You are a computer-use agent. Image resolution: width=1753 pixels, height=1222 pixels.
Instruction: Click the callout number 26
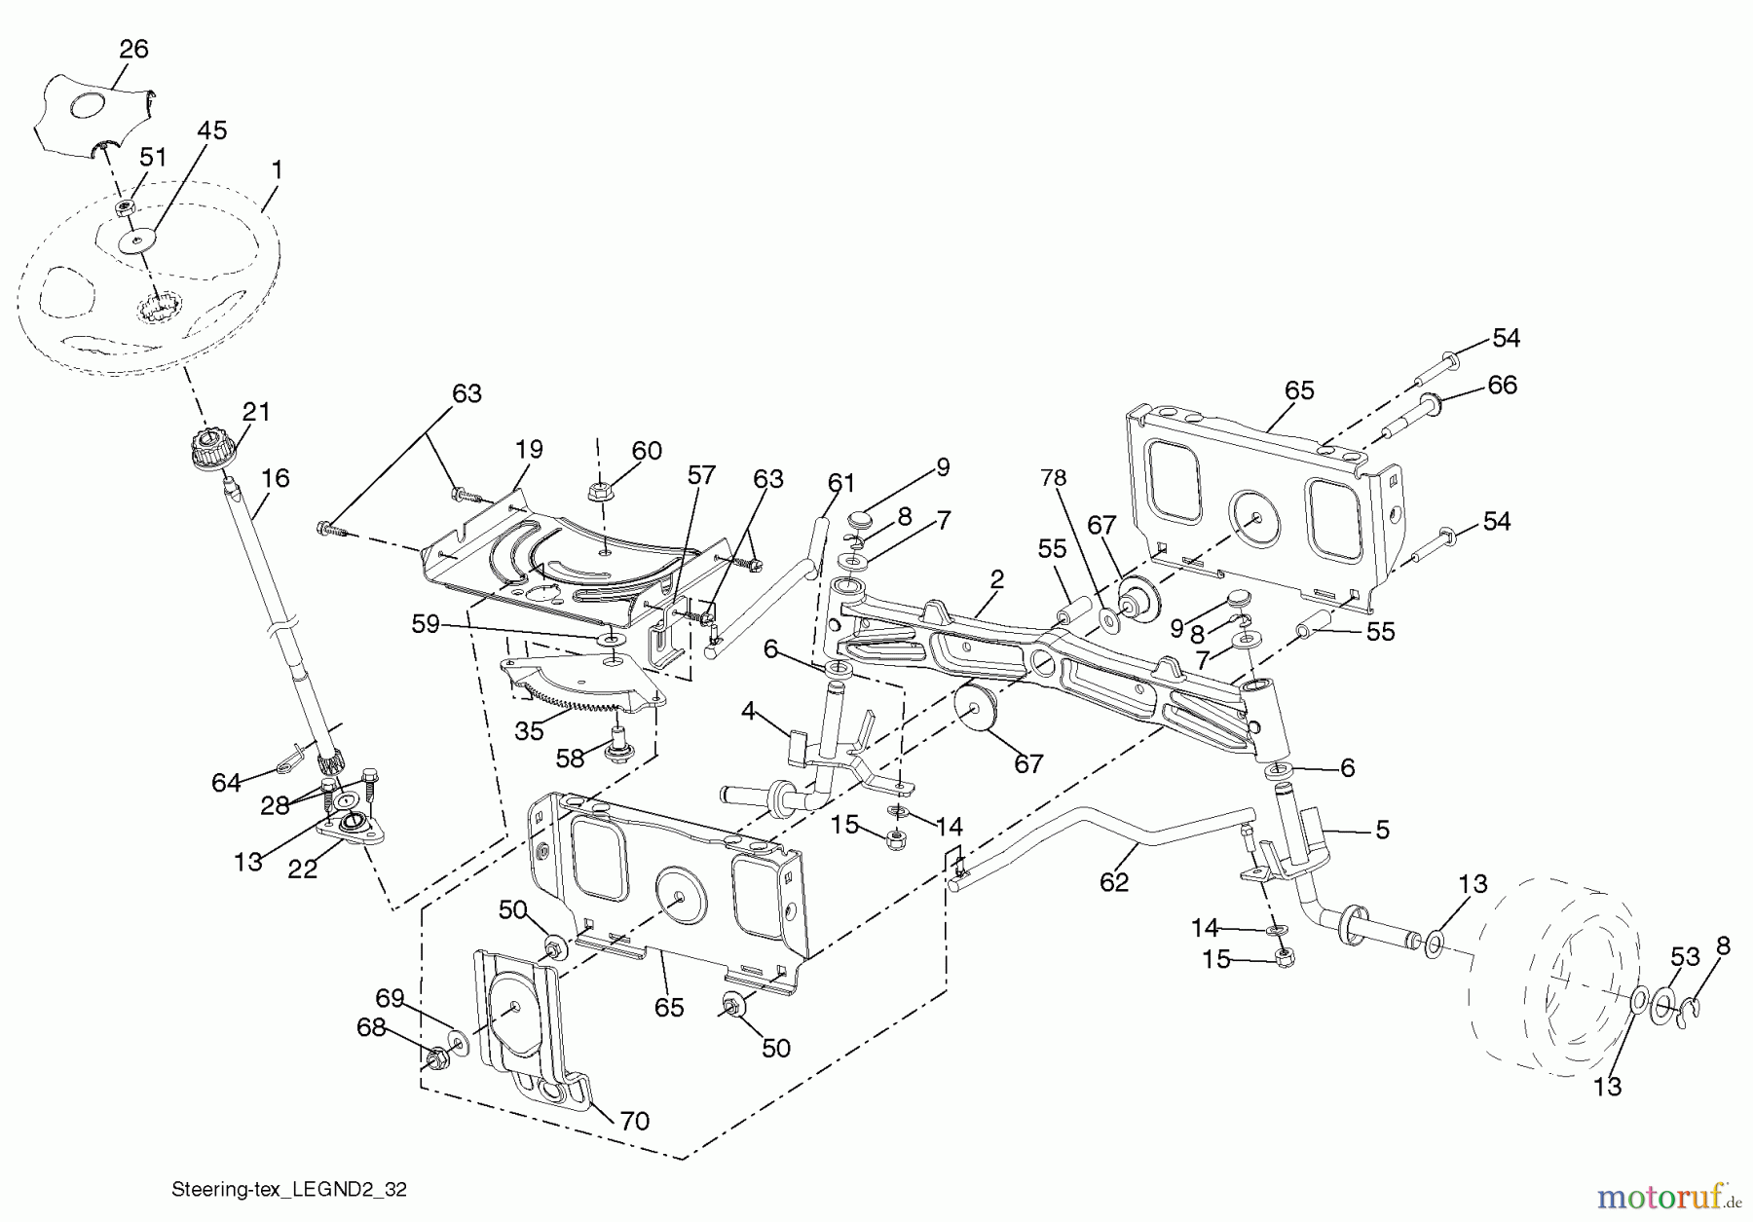point(133,49)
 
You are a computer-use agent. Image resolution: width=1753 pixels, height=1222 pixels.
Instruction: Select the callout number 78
point(1053,478)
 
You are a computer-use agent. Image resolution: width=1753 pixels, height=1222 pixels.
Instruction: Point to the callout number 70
point(634,1121)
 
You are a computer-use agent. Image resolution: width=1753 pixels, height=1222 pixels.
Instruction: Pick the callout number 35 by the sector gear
point(529,730)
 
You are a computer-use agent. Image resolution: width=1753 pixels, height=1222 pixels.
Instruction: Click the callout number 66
point(1502,385)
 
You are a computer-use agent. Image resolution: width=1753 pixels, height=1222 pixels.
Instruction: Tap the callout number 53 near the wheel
point(1685,957)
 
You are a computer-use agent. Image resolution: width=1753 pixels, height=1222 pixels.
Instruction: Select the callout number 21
point(256,412)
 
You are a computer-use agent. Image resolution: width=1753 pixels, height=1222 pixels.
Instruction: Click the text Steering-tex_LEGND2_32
point(288,1189)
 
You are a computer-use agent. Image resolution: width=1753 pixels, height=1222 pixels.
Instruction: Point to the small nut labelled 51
point(125,207)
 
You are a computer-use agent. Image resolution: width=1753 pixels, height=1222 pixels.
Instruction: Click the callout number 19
point(529,450)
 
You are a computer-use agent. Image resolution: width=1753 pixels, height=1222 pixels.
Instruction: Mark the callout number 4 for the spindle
point(747,711)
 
